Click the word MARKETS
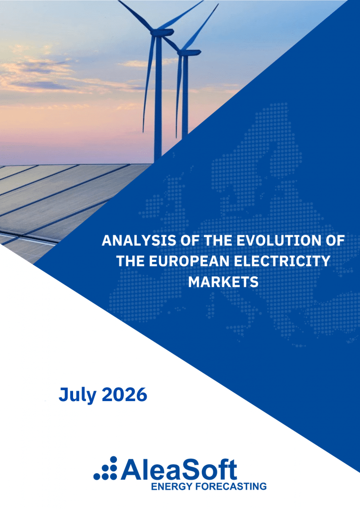[x=223, y=282]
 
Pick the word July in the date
[x=78, y=395]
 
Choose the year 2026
[x=125, y=394]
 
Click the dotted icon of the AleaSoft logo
[x=105, y=468]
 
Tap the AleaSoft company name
[x=179, y=469]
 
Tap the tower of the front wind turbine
[x=158, y=97]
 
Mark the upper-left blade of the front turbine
[x=136, y=14]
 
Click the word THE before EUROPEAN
[x=130, y=261]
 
